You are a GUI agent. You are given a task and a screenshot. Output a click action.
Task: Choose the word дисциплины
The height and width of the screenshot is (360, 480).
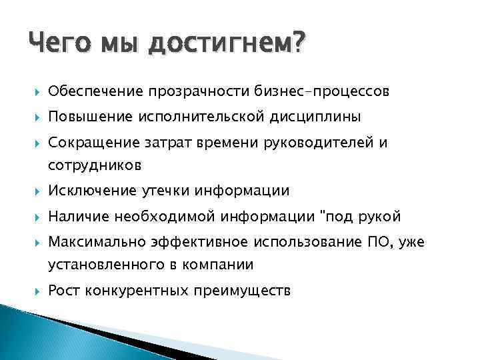pyautogui.click(x=315, y=117)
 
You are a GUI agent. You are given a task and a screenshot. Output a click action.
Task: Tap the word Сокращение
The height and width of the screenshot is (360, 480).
pyautogui.click(x=93, y=143)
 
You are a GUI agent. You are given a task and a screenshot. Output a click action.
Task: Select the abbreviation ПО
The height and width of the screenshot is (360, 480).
pyautogui.click(x=382, y=243)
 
